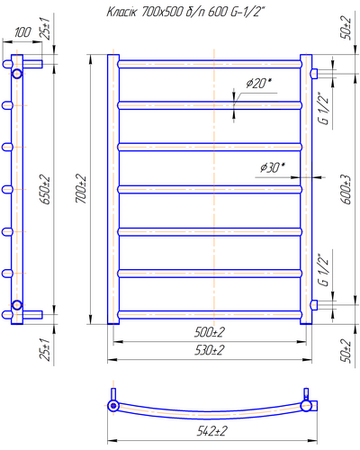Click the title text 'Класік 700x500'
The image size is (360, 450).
click(x=145, y=13)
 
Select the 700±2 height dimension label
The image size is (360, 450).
click(x=81, y=189)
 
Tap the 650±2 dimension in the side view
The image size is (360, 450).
click(x=46, y=190)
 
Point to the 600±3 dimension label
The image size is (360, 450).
click(x=346, y=189)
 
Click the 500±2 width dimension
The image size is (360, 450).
click(x=210, y=332)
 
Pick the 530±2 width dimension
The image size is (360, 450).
click(x=210, y=350)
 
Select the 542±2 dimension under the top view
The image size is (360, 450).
click(x=211, y=431)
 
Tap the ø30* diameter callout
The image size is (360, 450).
click(x=273, y=167)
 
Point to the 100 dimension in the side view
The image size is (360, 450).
click(x=22, y=32)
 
